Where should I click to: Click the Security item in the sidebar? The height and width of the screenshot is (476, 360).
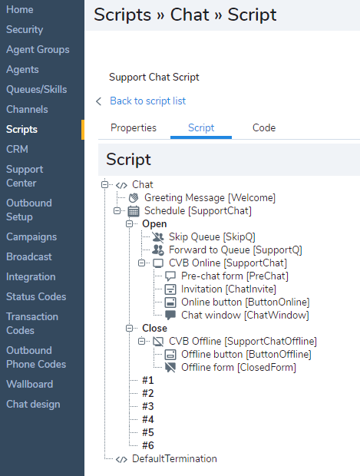(x=25, y=29)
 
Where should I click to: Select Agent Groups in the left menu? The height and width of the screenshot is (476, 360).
(x=38, y=49)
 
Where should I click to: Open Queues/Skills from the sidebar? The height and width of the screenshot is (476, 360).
(x=36, y=90)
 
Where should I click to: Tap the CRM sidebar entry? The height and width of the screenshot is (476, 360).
(x=17, y=149)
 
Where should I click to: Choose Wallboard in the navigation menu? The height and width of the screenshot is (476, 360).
(x=30, y=384)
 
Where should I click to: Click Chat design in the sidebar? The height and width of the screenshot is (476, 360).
(x=33, y=404)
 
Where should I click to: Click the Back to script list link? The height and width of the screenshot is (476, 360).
(x=148, y=101)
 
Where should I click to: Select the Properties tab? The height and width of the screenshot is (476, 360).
(x=134, y=127)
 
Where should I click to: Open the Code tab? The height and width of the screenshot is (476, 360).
(x=264, y=127)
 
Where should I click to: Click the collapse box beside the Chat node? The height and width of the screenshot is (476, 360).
(x=104, y=184)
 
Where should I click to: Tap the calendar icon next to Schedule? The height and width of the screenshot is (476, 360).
(x=134, y=211)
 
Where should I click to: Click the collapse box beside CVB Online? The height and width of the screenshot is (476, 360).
(x=142, y=263)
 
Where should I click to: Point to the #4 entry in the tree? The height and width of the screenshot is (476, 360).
(x=148, y=419)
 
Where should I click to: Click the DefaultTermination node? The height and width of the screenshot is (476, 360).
(x=174, y=458)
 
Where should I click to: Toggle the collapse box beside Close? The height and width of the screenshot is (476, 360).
(x=130, y=328)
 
